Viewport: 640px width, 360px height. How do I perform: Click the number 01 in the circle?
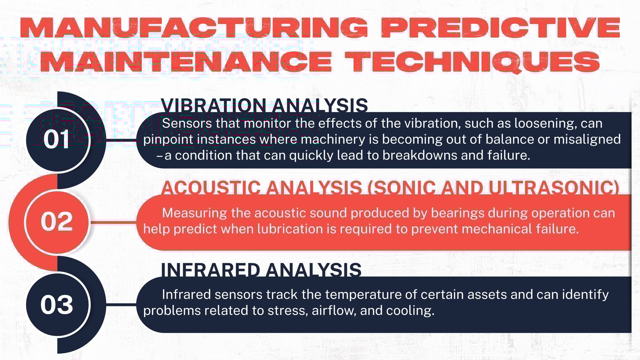[x=57, y=139]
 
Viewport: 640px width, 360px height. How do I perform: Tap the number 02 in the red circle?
[x=57, y=221]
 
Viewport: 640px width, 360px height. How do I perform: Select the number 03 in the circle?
[x=57, y=304]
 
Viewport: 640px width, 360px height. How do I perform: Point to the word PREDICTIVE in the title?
[x=500, y=28]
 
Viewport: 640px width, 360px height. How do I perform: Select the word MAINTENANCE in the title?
[x=188, y=61]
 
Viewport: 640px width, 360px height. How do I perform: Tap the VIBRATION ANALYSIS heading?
[x=264, y=105]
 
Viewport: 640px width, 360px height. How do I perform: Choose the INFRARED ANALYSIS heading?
[x=261, y=269]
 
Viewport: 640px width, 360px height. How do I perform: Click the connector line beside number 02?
[x=114, y=221]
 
